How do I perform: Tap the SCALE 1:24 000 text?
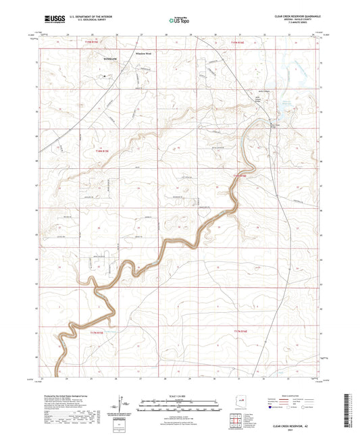(x=179, y=394)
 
